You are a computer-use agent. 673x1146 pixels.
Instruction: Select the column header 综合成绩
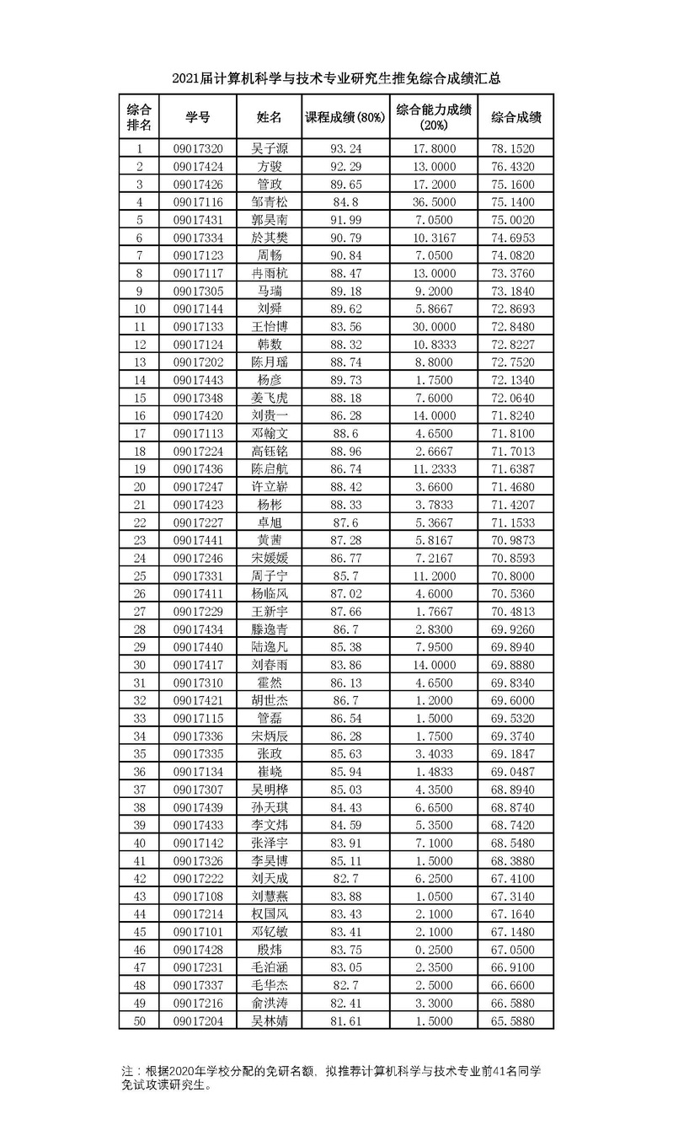(516, 117)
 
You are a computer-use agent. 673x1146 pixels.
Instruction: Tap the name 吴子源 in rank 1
(270, 149)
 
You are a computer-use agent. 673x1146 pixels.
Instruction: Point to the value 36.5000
(433, 202)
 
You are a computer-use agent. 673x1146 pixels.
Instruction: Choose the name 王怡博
(270, 326)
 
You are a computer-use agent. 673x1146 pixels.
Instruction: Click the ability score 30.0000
(433, 326)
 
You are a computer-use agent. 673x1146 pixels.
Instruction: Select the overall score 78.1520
(516, 149)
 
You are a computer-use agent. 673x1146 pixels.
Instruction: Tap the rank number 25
(140, 575)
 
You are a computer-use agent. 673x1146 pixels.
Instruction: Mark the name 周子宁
(270, 575)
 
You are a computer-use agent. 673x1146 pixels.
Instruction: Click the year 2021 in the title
(184, 79)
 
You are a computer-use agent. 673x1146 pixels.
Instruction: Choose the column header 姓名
(270, 117)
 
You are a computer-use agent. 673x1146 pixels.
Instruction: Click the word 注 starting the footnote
(126, 1070)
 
